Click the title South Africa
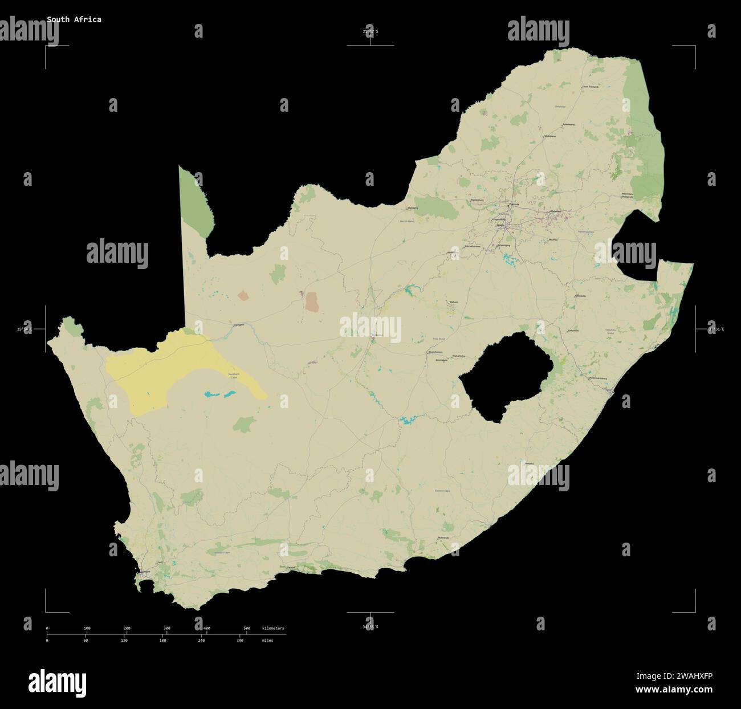click(x=74, y=19)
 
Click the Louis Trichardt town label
click(x=591, y=87)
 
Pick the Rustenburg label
click(x=477, y=200)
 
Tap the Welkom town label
click(x=454, y=302)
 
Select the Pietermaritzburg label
click(x=599, y=377)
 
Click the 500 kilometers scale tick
click(x=247, y=628)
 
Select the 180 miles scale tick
click(x=162, y=641)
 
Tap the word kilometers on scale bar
click(x=273, y=628)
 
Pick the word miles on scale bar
click(x=267, y=641)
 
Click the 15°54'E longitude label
click(x=25, y=329)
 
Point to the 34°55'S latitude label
click(x=370, y=627)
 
